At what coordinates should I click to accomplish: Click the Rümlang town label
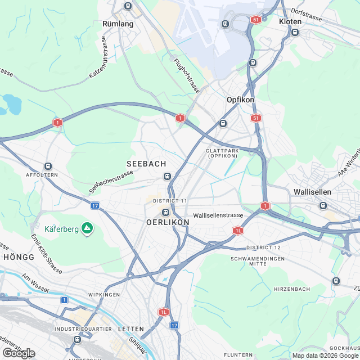(118, 24)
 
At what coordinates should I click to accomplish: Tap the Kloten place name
(290, 21)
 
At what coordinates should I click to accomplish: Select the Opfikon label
(240, 100)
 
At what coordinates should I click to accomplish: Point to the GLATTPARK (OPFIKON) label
(225, 153)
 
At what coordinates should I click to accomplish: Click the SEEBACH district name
(146, 164)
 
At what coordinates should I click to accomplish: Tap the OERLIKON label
(168, 222)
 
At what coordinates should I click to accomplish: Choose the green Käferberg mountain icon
(87, 228)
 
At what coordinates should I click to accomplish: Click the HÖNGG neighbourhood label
(19, 256)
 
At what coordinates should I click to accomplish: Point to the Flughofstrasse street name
(187, 75)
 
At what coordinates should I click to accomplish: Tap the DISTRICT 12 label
(263, 247)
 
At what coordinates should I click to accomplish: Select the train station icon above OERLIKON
(165, 212)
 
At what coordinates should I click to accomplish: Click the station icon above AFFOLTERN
(48, 166)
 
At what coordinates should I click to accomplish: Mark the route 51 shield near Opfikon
(256, 118)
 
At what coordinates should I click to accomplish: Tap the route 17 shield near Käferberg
(95, 206)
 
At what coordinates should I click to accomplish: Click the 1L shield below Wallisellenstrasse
(238, 231)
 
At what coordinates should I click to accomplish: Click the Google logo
(18, 353)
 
